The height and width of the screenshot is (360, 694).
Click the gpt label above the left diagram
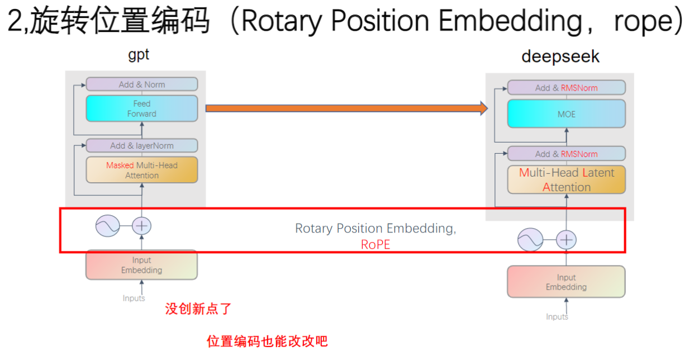(x=139, y=55)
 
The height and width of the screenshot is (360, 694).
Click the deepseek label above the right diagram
(x=560, y=57)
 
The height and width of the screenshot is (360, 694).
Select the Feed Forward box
(x=142, y=108)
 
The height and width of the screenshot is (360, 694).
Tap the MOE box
(x=566, y=114)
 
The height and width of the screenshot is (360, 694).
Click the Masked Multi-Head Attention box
(x=142, y=170)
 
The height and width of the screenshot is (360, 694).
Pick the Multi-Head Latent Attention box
(x=566, y=179)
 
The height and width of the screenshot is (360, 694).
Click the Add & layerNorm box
(x=142, y=145)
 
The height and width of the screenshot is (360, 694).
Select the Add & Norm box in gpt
(x=142, y=84)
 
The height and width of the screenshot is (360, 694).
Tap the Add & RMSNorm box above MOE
(x=566, y=88)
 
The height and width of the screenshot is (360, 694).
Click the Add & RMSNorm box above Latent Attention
(x=566, y=154)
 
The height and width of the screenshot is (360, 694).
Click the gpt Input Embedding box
(x=141, y=265)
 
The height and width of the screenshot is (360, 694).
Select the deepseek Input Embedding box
(x=566, y=282)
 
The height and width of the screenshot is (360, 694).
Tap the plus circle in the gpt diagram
(x=141, y=226)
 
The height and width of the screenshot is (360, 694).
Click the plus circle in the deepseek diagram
(x=567, y=240)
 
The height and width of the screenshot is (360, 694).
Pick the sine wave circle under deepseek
(x=530, y=240)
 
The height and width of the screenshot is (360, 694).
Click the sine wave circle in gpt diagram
(x=107, y=226)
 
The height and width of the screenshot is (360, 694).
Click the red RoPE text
(x=375, y=244)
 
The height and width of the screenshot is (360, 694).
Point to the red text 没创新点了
(x=198, y=309)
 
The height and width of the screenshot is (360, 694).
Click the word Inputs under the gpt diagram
(x=134, y=298)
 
